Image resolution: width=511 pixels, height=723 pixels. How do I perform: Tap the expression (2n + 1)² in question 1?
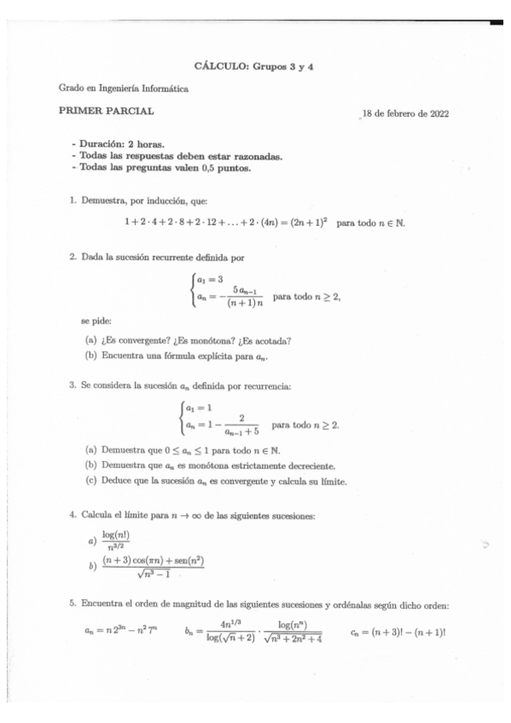click(x=308, y=224)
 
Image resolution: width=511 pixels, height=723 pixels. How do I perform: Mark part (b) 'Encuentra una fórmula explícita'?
click(x=171, y=357)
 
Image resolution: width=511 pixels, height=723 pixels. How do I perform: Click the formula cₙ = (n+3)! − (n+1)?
click(x=399, y=634)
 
